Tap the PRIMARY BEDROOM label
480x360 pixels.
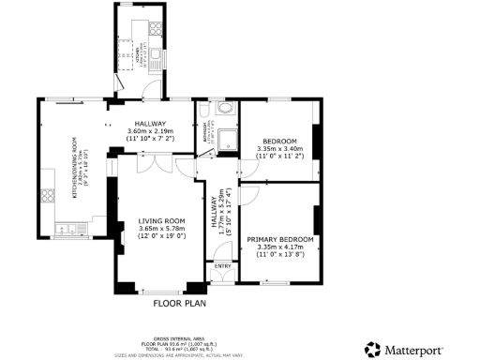(x=280, y=240)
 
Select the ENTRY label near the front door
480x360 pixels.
(x=222, y=266)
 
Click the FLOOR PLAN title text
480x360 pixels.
(x=179, y=303)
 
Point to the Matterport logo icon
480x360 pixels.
(x=372, y=349)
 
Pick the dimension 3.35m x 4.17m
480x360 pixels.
(x=280, y=247)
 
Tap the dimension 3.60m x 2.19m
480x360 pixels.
(x=150, y=132)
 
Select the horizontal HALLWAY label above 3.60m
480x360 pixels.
(x=150, y=124)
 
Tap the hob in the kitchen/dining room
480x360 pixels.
(x=46, y=197)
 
